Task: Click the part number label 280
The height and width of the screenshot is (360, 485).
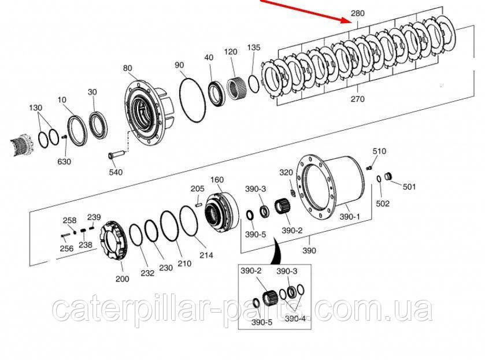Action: [x=358, y=13]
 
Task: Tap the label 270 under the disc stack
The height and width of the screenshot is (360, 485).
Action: [x=358, y=99]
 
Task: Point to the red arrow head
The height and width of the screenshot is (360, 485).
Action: [x=346, y=20]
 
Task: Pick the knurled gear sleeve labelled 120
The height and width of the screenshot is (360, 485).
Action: [x=236, y=88]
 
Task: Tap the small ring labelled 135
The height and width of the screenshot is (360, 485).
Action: [x=254, y=84]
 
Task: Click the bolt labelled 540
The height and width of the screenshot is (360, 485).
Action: [x=116, y=154]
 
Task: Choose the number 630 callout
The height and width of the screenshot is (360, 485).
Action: [x=64, y=161]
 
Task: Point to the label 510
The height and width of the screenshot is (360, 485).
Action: [x=379, y=151]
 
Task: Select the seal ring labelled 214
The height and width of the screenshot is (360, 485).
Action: [x=189, y=222]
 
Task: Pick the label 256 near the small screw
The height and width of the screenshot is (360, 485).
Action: [x=66, y=248]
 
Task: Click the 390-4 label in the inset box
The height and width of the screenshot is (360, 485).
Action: [x=295, y=318]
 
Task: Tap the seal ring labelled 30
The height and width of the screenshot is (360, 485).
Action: [x=98, y=127]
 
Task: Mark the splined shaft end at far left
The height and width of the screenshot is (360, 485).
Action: [x=22, y=144]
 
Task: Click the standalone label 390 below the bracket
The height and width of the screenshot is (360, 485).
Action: [x=309, y=250]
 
